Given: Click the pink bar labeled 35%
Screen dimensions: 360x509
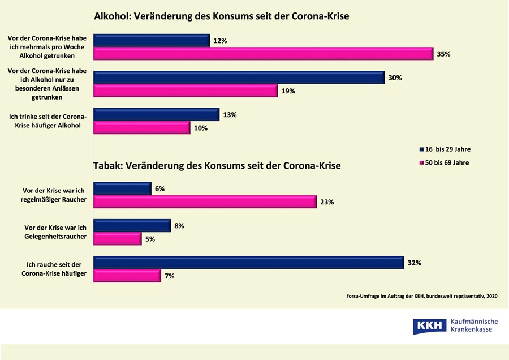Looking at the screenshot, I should click(x=263, y=54).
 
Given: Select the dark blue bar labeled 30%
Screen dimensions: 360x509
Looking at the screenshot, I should click(x=239, y=78).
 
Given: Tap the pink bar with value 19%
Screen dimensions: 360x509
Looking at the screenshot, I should click(x=186, y=91).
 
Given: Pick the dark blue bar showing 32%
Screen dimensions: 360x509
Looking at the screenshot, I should click(x=248, y=263).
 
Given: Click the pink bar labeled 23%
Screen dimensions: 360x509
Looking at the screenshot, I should click(x=205, y=202).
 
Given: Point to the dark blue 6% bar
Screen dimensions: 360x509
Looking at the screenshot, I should click(x=122, y=188).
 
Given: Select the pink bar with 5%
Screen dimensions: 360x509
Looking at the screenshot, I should click(x=118, y=239).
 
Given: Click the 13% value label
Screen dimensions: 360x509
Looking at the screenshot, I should click(x=230, y=115).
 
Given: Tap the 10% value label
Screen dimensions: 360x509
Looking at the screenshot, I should click(x=201, y=128).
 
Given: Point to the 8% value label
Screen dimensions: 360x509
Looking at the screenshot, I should click(x=179, y=226).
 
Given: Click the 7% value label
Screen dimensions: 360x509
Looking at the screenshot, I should click(x=170, y=276).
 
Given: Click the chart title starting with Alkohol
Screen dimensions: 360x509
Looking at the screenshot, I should click(x=221, y=16).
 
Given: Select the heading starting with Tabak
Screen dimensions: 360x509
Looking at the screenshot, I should click(x=217, y=166).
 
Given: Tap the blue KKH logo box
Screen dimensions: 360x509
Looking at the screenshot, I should click(x=429, y=327).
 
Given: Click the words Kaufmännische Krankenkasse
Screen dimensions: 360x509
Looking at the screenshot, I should click(x=473, y=325).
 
